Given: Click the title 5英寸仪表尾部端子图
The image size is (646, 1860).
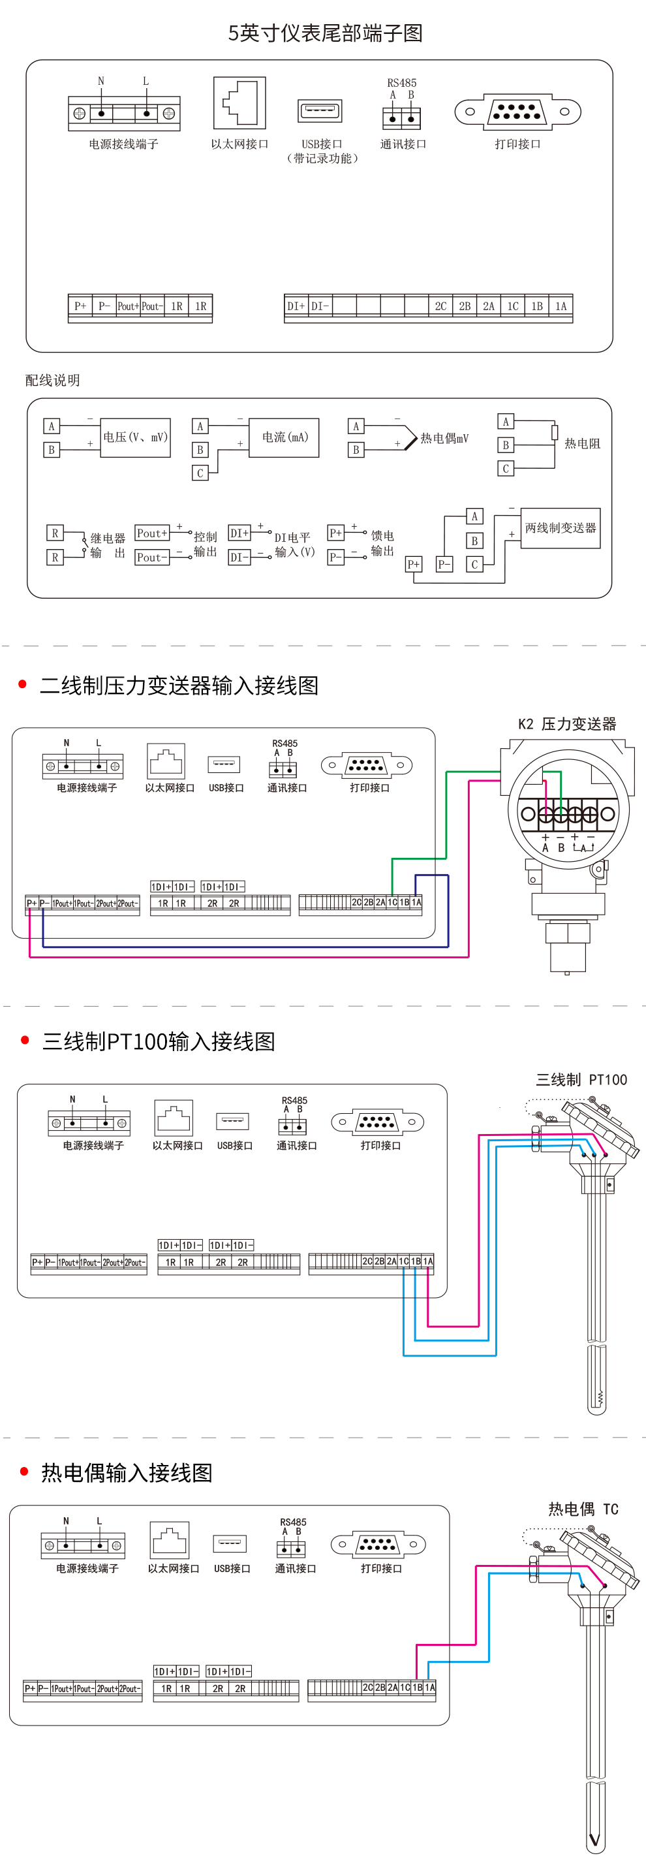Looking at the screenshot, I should [x=325, y=33].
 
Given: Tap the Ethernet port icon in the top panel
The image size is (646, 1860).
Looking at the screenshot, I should [x=239, y=103].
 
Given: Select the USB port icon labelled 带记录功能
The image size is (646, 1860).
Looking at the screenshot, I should [x=320, y=110].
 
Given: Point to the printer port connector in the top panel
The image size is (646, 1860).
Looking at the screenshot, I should [x=517, y=111].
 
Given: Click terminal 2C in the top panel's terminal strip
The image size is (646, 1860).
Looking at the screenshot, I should [x=440, y=306].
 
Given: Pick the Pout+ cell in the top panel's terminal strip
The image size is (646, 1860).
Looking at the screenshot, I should [x=128, y=306].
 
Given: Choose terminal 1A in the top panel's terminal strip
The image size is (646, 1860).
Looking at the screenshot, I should [x=561, y=306].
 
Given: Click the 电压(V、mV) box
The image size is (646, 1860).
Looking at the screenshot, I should [x=136, y=437].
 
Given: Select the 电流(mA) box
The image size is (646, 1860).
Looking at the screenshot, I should [x=285, y=437].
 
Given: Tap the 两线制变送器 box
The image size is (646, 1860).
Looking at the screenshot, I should [x=560, y=528].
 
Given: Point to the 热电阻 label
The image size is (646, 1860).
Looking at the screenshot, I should [x=582, y=443].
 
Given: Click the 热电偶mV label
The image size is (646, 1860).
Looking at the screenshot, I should [x=444, y=438].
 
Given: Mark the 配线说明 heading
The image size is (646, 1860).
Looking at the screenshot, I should [x=53, y=381].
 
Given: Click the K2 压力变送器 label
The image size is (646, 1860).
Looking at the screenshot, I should [x=566, y=724].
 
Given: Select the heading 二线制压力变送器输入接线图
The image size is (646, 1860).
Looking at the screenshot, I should [x=179, y=686].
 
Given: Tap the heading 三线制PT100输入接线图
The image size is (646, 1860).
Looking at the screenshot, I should [x=159, y=1041].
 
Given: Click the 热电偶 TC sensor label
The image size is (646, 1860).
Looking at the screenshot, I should [x=583, y=1509].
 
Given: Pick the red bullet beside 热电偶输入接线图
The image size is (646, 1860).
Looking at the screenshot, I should [x=25, y=1472].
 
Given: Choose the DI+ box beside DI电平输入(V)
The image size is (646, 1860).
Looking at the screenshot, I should [x=239, y=533].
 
